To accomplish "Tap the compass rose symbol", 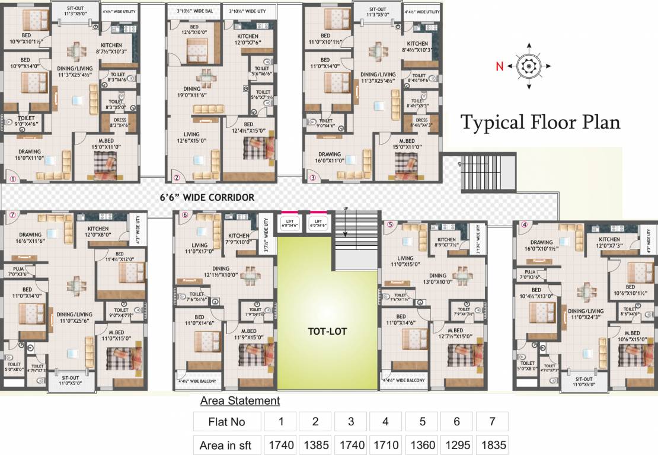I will [526, 66].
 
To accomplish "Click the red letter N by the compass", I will [500, 66].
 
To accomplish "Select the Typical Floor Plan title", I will [541, 122].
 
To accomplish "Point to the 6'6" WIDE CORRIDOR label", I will [207, 197].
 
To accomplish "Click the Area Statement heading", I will [239, 401].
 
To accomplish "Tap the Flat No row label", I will [226, 422].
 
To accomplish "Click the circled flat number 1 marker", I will [11, 177].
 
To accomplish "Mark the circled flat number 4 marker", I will [523, 225].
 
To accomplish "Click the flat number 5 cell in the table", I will [421, 422].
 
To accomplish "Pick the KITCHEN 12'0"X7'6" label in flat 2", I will [248, 39].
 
